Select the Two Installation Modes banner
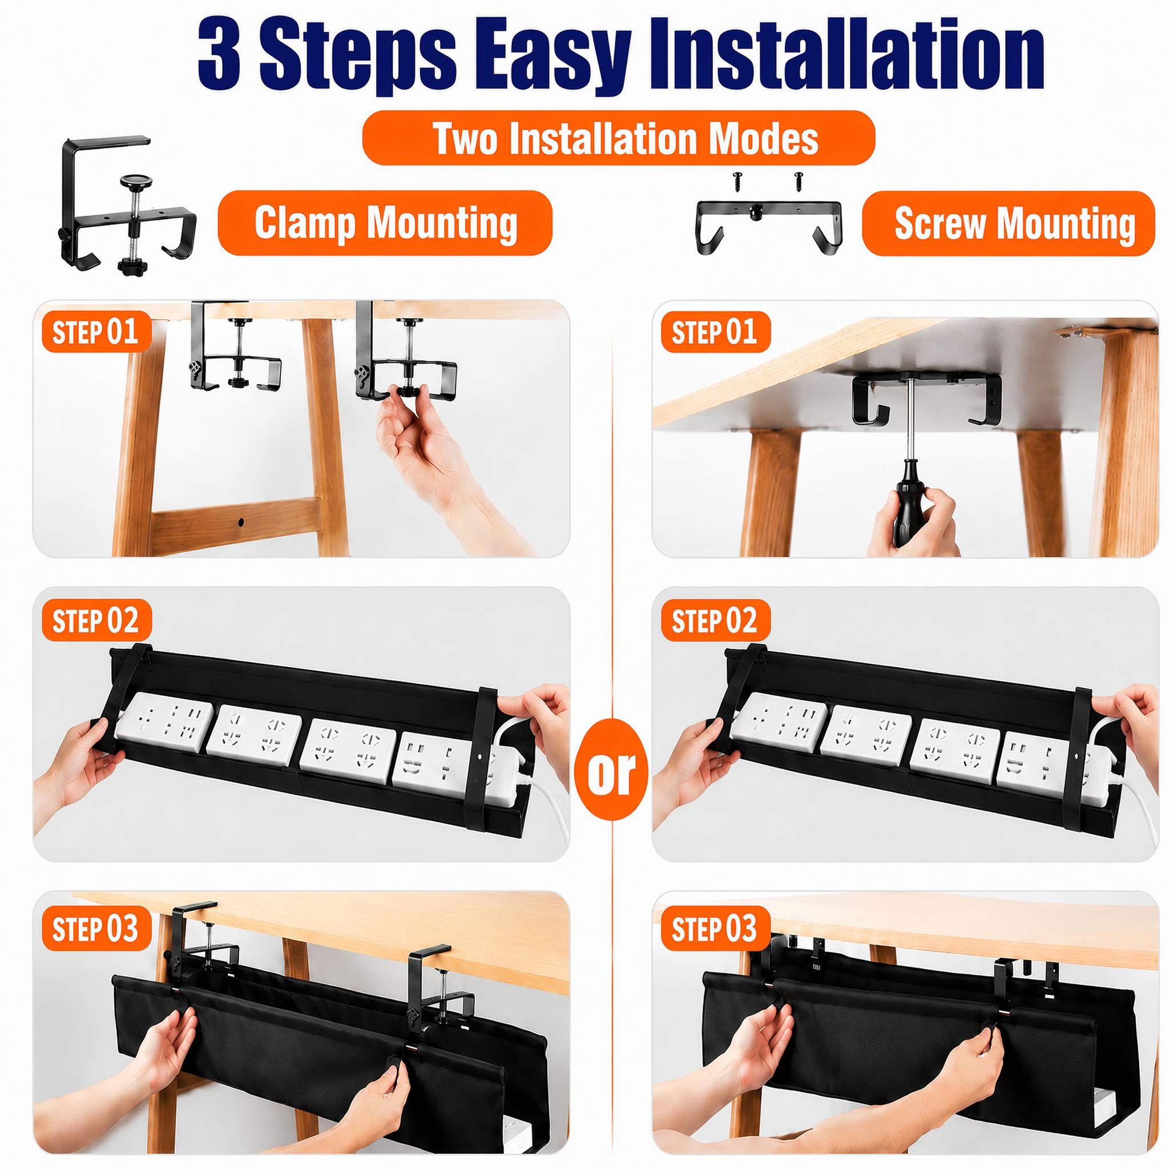(x=618, y=138)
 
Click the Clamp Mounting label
(x=385, y=222)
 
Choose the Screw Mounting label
(x=1008, y=223)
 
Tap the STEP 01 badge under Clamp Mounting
(x=95, y=331)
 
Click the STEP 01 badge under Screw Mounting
(x=715, y=331)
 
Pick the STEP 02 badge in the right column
(x=715, y=620)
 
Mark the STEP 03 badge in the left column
(x=95, y=928)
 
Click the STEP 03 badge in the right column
(x=715, y=928)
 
